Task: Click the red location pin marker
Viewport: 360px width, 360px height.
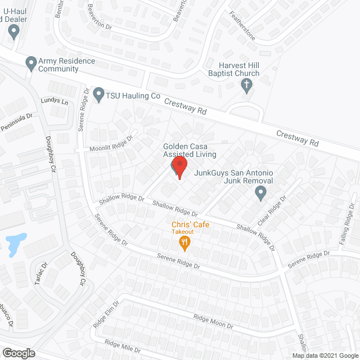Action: (x=179, y=166)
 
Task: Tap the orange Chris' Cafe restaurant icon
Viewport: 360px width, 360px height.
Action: (x=184, y=243)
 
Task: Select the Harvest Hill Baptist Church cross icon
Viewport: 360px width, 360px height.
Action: (x=246, y=85)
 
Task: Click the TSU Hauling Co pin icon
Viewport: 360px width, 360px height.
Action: (x=99, y=93)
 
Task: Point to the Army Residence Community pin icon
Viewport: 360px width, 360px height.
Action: (x=31, y=63)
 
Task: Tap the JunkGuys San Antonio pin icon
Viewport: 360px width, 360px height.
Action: (x=260, y=194)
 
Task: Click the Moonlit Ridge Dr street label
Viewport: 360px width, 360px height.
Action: (x=111, y=144)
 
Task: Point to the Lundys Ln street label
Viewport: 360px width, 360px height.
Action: (x=54, y=102)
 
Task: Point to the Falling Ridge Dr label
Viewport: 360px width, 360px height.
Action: (x=348, y=229)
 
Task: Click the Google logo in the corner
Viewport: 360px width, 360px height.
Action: (x=18, y=353)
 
